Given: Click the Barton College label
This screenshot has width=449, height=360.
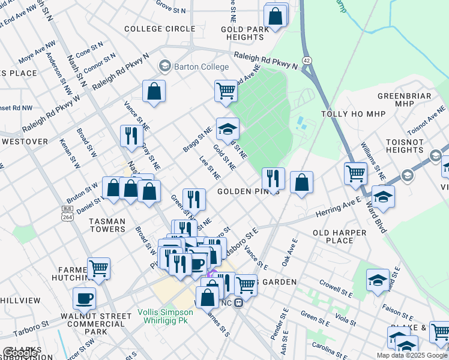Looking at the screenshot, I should click(x=201, y=67).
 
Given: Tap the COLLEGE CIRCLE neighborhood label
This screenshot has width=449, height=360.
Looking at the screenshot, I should click(x=160, y=29).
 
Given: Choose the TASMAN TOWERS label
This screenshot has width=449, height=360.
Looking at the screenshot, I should click(x=107, y=226).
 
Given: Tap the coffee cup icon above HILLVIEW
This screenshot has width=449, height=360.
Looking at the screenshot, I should click(x=84, y=297).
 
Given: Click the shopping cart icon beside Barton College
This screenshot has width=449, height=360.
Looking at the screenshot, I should click(x=226, y=91).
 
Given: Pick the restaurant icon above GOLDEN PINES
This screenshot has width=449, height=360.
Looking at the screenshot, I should click(x=273, y=178).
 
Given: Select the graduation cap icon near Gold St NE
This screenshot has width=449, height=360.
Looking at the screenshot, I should click(x=228, y=128).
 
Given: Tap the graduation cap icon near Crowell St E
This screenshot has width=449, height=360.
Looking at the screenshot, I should click(x=378, y=280).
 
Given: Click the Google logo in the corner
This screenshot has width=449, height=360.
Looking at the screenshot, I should click(x=20, y=353).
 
